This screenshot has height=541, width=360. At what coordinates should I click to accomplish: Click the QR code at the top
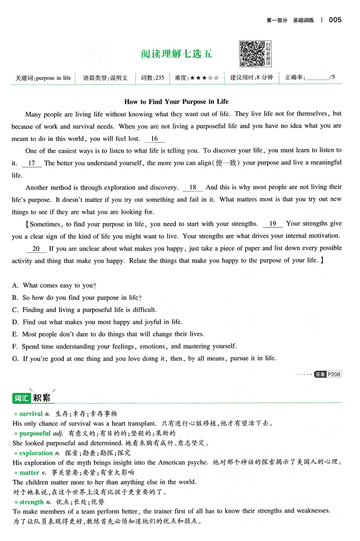coord(252,54)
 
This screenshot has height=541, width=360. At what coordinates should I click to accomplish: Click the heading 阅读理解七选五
coord(176,54)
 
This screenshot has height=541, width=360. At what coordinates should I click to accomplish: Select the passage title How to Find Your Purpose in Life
coord(176,102)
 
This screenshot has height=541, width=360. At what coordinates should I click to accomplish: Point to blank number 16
coord(154,139)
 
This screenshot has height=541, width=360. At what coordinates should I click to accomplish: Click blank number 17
coord(31,163)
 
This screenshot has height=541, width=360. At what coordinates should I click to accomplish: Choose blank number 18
coord(192,187)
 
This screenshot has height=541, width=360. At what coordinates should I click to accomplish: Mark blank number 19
coord(273,224)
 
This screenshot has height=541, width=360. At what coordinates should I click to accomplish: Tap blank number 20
coord(36,248)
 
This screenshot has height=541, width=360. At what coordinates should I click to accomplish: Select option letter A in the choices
coord(15,285)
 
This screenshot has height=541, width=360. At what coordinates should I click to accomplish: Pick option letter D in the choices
coord(15,322)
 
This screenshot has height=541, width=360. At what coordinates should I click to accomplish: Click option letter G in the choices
coord(15,358)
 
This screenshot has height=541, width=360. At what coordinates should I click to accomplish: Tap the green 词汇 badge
coord(21,398)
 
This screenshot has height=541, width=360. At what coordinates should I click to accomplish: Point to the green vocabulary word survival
coord(31,414)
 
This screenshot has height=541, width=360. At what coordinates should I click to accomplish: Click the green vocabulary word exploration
coord(36,453)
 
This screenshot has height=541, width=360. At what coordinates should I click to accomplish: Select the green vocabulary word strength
coord(31,502)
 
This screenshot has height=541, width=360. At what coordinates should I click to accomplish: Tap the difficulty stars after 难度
coord(205,78)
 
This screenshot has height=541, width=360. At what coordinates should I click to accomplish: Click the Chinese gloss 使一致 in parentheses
coord(228,163)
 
